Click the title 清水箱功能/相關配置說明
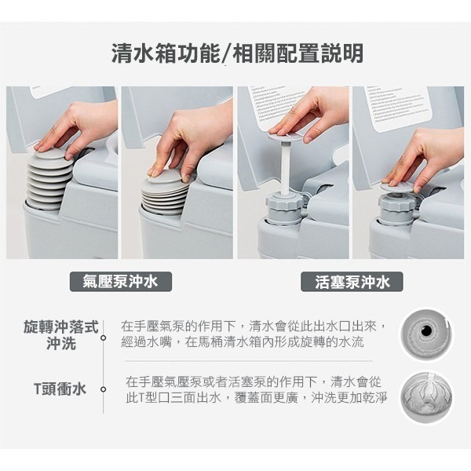[237, 53]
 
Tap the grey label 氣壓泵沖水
[121, 282]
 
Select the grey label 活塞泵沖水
[352, 282]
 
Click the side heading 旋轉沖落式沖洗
[61, 335]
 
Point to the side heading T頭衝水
[60, 389]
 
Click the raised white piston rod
[285, 169]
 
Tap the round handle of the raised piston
[284, 137]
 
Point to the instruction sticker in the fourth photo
[401, 109]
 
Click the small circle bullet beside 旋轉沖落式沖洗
[104, 338]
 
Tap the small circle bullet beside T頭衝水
[104, 389]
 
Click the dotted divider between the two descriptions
[249, 361]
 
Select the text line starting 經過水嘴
[243, 342]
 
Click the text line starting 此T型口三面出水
[256, 398]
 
